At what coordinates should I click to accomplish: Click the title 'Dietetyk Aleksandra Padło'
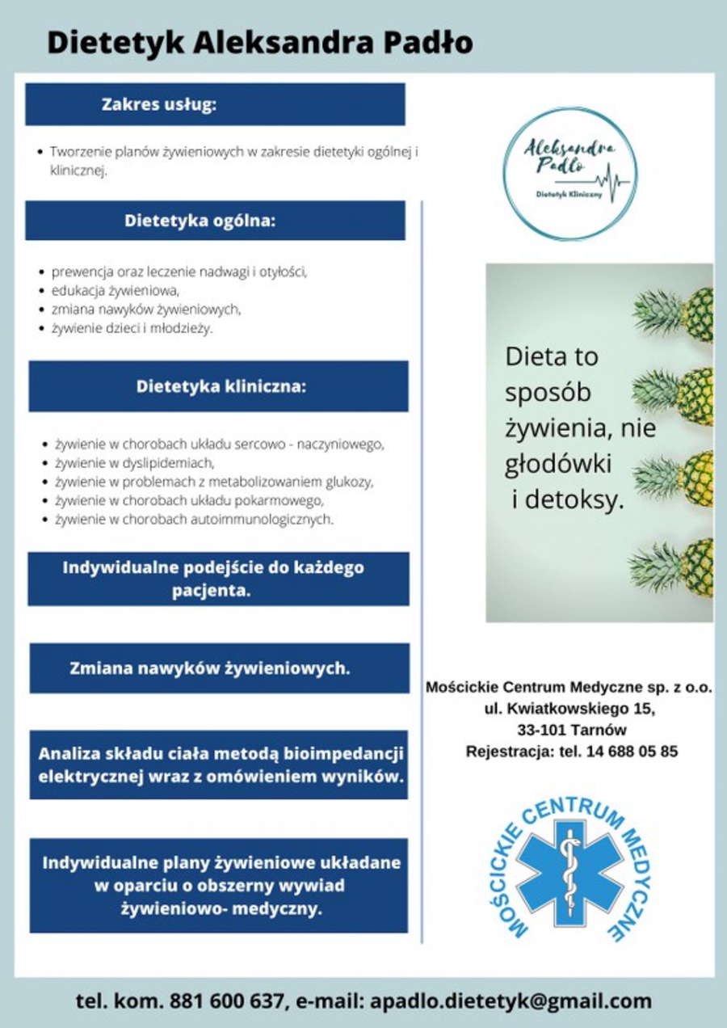[x=259, y=42]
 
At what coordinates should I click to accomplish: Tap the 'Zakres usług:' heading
[x=159, y=104]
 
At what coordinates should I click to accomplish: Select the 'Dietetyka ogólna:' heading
[x=200, y=221]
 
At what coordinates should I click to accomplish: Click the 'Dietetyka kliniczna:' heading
[x=221, y=386]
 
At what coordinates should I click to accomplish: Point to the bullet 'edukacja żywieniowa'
[x=114, y=290]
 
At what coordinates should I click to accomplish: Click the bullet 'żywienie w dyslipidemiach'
[x=133, y=463]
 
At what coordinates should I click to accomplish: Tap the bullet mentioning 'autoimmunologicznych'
[x=194, y=520]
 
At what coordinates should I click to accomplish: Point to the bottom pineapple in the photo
[x=677, y=567]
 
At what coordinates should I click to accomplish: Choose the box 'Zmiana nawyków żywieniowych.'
[x=210, y=668]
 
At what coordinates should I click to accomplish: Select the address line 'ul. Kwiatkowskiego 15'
[x=570, y=710]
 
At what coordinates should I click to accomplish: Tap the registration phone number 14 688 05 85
[x=638, y=752]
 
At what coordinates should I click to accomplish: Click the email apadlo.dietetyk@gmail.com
[x=511, y=1001]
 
